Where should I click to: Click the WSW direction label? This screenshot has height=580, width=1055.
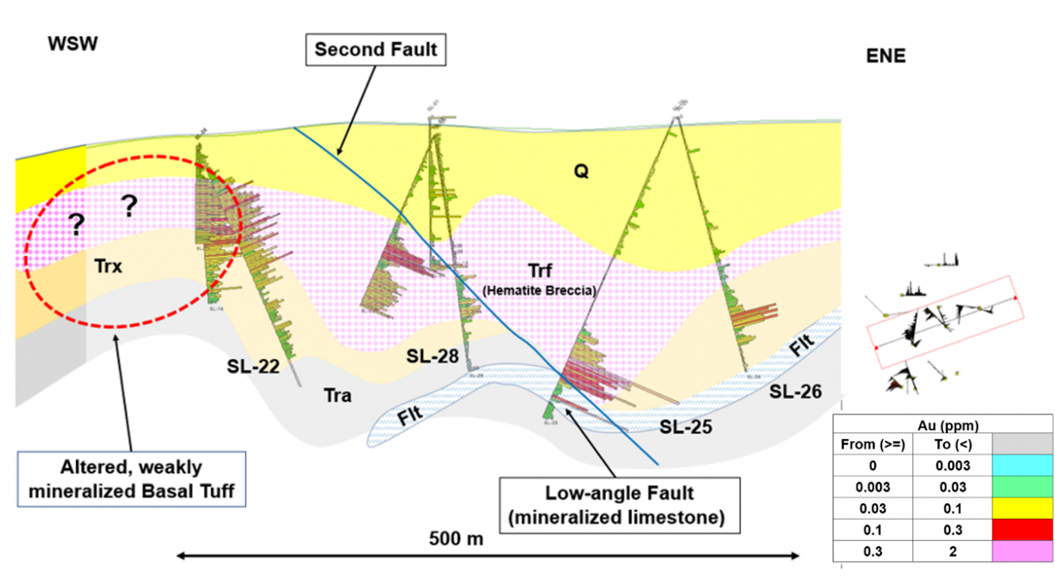pos(73,44)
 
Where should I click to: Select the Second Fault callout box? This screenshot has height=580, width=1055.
pos(376,50)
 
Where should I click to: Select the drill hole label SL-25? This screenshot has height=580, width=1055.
pos(686,427)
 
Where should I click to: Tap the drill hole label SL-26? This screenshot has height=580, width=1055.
pos(795,392)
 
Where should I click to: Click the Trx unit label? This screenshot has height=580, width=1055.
pos(109,266)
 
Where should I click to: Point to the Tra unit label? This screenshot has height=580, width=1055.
pos(337,395)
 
